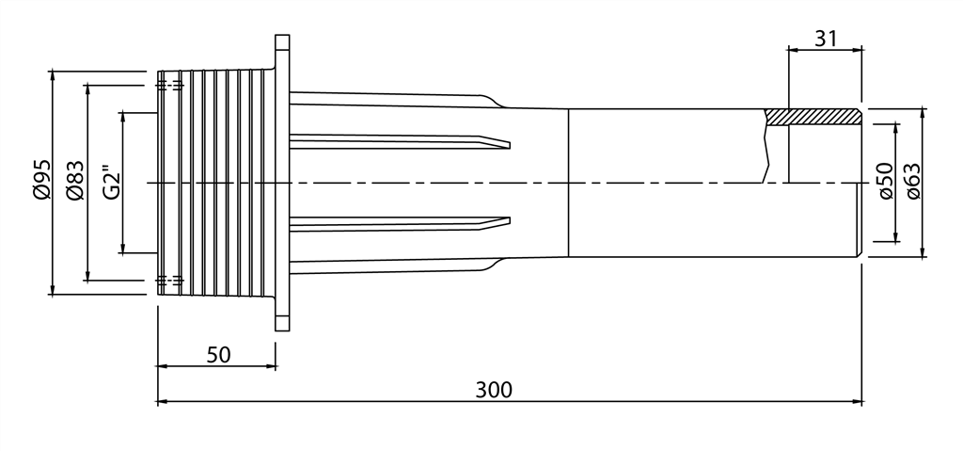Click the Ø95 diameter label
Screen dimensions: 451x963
[39, 180]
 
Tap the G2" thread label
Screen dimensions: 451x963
[110, 182]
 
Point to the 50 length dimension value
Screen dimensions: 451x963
[218, 355]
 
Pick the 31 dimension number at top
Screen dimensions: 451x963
[825, 39]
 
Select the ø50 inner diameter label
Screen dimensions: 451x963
[883, 180]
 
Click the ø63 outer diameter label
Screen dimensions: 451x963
[911, 180]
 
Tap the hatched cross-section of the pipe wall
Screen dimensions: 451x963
[813, 117]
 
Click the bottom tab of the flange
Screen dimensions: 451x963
[282, 314]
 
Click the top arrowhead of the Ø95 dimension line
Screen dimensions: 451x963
[53, 74]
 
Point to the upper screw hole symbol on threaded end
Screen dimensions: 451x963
[169, 85]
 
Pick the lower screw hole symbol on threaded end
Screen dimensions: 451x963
[169, 280]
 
